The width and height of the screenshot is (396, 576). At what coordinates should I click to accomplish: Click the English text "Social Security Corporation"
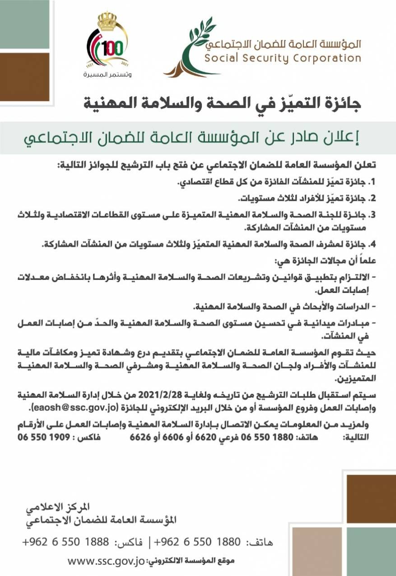[x=283, y=58]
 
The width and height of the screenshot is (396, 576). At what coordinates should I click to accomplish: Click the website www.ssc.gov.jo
[x=106, y=561]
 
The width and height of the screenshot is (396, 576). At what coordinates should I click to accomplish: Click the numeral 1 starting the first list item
[x=373, y=183]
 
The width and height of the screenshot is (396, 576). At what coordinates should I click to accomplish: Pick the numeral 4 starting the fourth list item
[x=373, y=245]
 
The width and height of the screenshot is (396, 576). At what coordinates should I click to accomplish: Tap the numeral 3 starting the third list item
[x=373, y=214]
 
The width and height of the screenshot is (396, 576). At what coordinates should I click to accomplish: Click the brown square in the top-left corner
[x=24, y=77]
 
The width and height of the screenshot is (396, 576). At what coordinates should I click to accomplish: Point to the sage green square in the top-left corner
[x=24, y=24]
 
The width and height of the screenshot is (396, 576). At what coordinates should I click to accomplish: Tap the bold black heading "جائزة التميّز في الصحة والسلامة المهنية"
[x=223, y=104]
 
